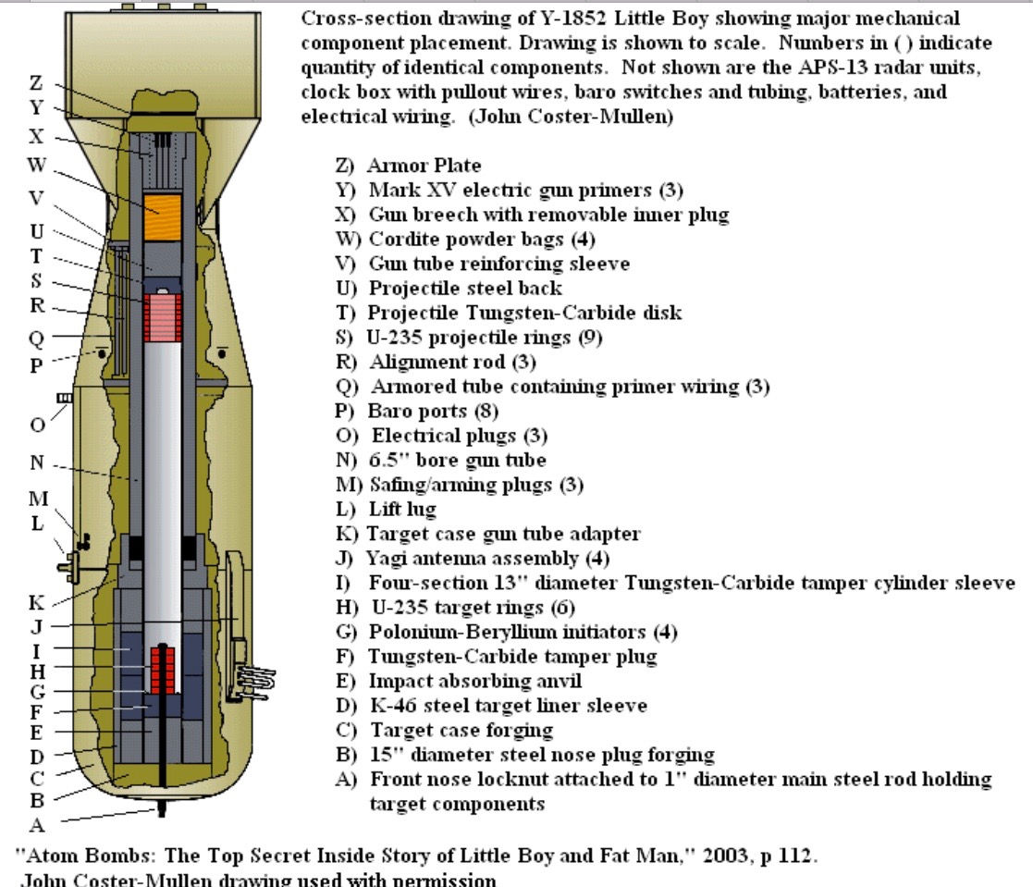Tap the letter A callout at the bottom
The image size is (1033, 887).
pyautogui.click(x=37, y=821)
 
